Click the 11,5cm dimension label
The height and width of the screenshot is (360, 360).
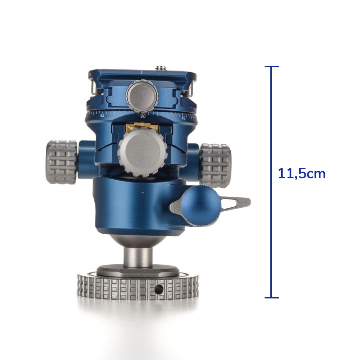tap(301, 174)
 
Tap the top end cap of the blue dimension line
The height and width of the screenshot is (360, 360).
tap(271, 67)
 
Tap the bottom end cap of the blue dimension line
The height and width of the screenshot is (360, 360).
tap(271, 298)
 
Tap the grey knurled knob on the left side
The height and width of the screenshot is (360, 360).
tap(61, 162)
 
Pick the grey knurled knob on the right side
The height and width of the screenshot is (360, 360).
tap(215, 166)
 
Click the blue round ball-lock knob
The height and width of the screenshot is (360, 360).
tap(200, 206)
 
